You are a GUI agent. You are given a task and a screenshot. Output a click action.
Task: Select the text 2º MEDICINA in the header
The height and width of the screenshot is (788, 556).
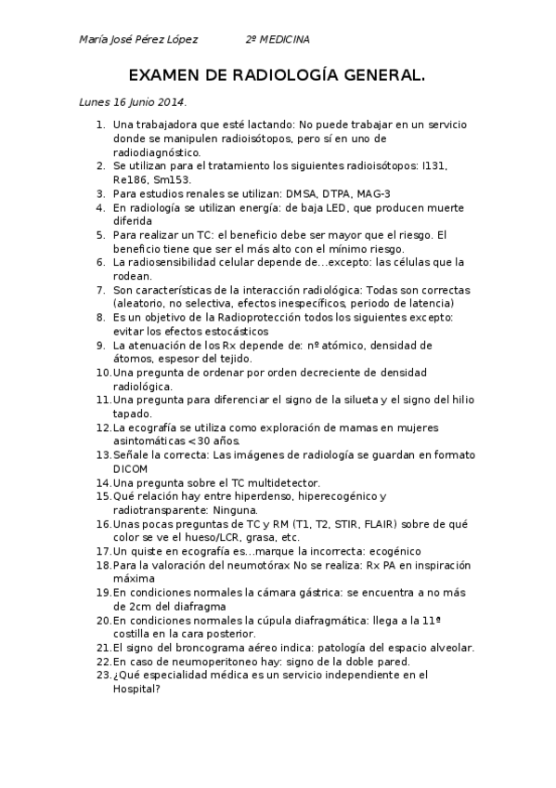[278, 40]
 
